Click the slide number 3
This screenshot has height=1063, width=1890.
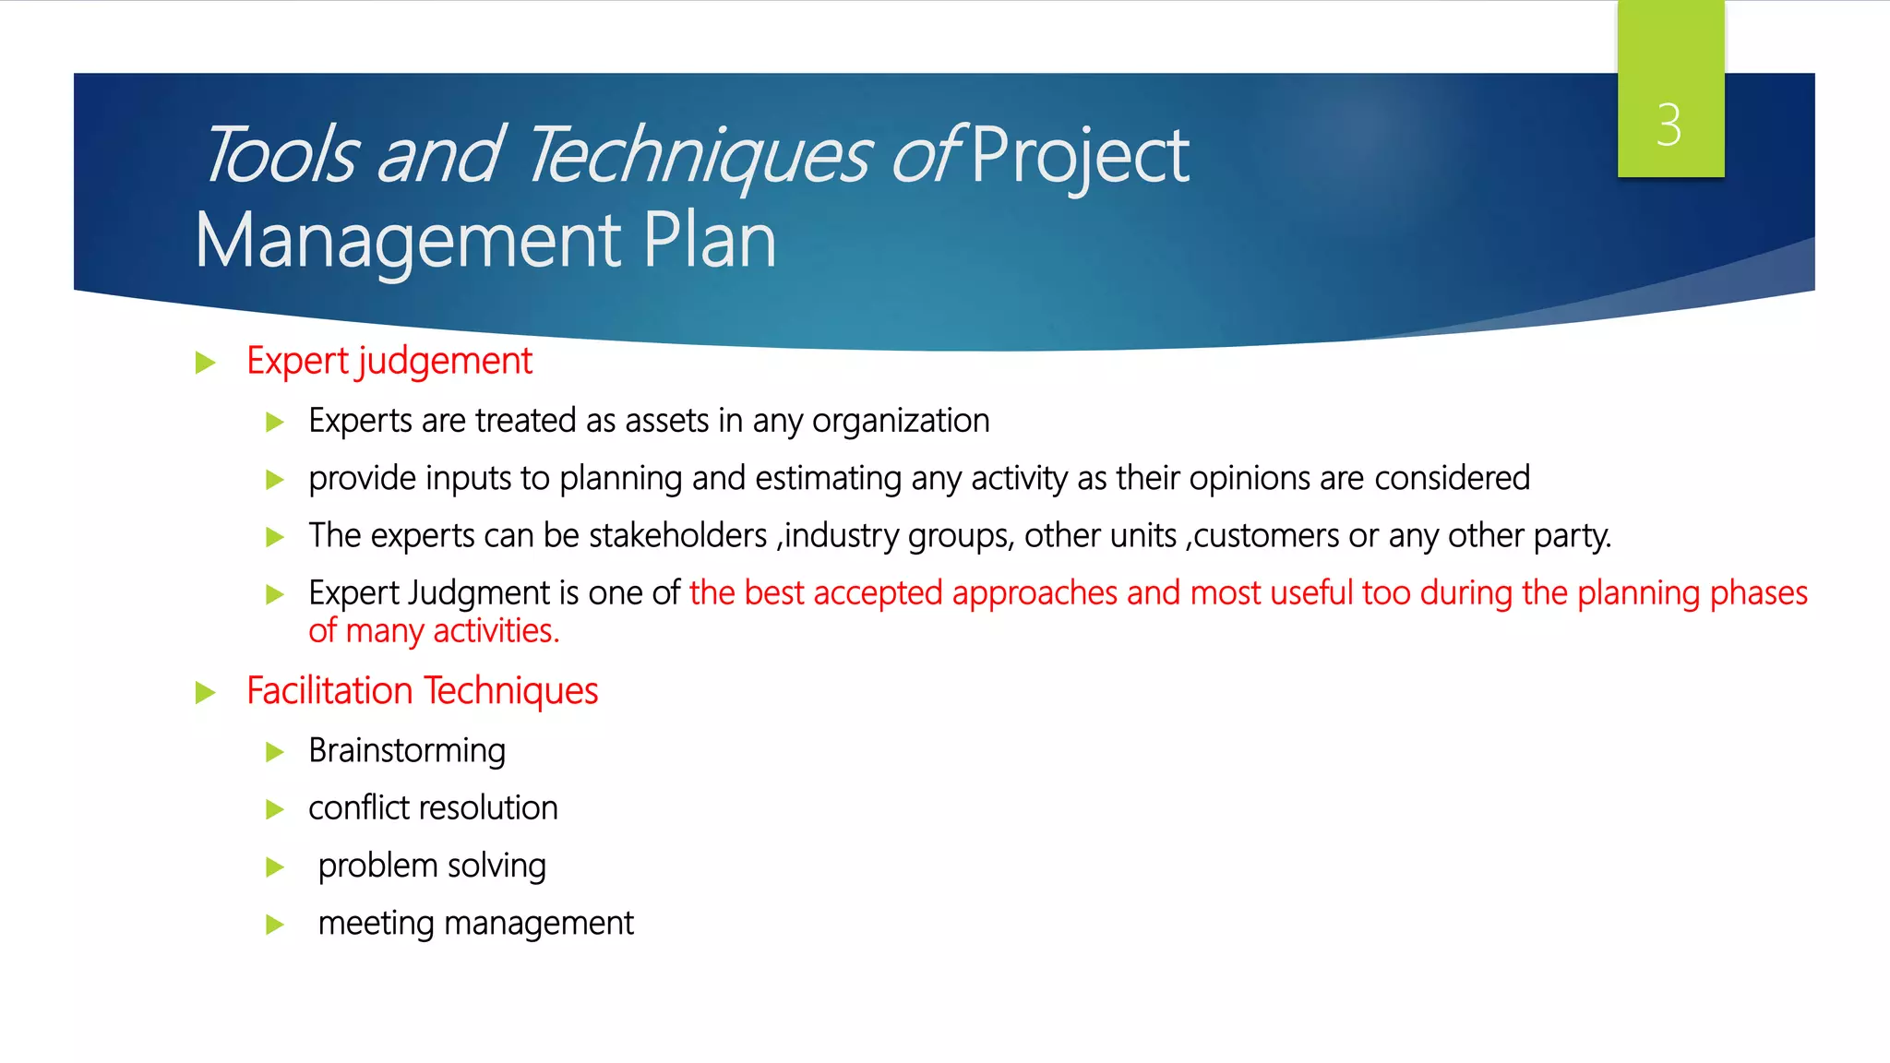[x=1669, y=125]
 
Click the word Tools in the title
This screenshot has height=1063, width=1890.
[x=280, y=155]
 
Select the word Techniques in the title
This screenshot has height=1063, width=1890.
[x=699, y=155]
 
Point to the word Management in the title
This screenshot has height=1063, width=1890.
[x=408, y=240]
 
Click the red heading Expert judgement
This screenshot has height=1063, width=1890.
[x=389, y=361]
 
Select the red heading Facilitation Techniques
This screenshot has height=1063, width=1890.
[x=422, y=691]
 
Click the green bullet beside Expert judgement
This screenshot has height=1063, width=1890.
[x=205, y=363]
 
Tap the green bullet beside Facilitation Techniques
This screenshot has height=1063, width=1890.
[x=205, y=693]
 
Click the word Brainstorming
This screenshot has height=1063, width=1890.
[x=407, y=751]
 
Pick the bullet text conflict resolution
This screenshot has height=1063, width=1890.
[x=433, y=808]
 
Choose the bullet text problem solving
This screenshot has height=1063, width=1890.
[x=432, y=866]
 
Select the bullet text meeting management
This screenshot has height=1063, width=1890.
[x=475, y=923]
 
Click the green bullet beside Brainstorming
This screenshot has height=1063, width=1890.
[x=274, y=752]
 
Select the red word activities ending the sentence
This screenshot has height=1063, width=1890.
[x=496, y=631]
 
